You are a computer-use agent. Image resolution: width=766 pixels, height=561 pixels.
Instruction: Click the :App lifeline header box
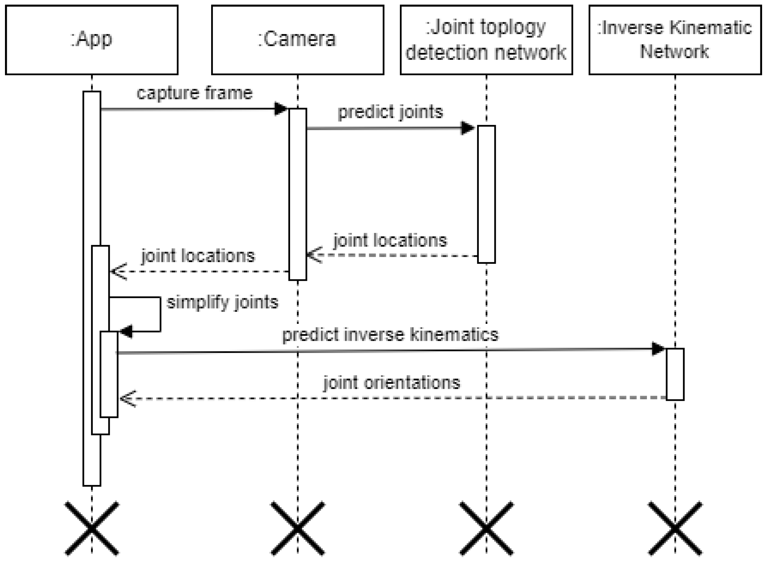92,40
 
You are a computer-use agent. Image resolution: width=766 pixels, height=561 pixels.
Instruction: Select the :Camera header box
298,40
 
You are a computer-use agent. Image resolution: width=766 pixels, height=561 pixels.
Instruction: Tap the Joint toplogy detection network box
486,40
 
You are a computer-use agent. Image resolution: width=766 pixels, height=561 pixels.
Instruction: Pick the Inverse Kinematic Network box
675,40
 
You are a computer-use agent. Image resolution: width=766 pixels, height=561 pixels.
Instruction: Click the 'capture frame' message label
194,93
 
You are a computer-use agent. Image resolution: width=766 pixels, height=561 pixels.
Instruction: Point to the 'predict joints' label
390,112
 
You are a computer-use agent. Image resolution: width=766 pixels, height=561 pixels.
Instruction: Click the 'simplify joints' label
223,303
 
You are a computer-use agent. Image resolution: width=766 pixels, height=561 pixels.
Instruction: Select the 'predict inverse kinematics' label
390,335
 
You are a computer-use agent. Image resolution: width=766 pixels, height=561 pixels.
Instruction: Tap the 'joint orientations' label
391,383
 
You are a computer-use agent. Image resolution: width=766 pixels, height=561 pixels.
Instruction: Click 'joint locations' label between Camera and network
390,240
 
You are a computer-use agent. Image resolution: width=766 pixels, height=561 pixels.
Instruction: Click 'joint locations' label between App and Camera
198,256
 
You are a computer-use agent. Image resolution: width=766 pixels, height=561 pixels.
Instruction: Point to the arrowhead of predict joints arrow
467,128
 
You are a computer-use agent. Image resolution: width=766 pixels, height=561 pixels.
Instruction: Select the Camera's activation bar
298,194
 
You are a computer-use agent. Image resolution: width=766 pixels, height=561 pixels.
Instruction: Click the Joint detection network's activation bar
486,194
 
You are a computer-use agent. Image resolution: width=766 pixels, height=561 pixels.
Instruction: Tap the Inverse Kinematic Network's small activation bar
675,374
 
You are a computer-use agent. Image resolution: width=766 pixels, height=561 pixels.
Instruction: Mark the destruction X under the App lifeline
92,528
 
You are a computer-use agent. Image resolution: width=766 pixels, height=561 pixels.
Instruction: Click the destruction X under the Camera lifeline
298,528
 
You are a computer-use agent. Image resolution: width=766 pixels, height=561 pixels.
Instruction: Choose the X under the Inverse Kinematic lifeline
675,528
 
